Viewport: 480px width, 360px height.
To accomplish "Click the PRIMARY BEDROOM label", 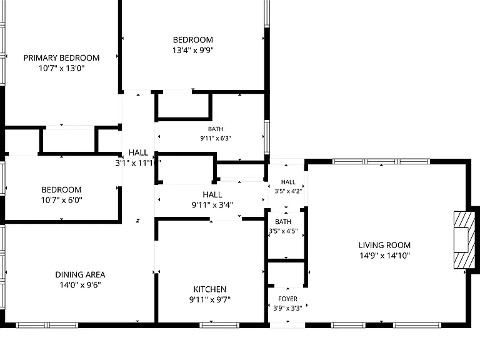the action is (61, 58).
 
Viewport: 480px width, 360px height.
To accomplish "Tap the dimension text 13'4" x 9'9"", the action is (193, 50).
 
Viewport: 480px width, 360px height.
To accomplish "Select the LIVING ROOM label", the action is (384, 245).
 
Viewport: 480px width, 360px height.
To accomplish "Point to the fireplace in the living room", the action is (464, 240).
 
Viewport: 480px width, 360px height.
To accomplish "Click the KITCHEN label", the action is (210, 289).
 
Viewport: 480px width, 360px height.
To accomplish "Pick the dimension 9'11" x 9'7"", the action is (210, 299).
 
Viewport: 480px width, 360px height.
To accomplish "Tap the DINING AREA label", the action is (80, 274).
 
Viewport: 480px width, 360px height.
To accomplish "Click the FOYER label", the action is (287, 299).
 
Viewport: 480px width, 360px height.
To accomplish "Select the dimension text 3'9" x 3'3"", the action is (287, 308).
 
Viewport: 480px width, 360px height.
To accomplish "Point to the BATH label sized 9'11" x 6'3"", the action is (216, 129).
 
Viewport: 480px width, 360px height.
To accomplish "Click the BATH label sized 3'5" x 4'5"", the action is (283, 222).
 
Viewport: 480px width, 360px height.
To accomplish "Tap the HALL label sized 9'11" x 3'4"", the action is (212, 195).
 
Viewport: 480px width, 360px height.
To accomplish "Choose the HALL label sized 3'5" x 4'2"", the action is (288, 182).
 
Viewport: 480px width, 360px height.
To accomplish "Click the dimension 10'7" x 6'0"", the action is (62, 200).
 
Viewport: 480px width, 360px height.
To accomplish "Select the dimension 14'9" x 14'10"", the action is (384, 256).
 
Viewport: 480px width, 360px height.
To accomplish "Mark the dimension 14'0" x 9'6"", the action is (80, 285).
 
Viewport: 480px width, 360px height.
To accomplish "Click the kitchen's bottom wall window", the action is (219, 325).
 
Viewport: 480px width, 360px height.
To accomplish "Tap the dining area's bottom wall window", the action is (47, 325).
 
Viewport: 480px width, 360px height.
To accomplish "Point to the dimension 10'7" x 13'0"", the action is (61, 68).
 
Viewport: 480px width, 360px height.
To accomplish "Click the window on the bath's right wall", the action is (267, 137).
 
